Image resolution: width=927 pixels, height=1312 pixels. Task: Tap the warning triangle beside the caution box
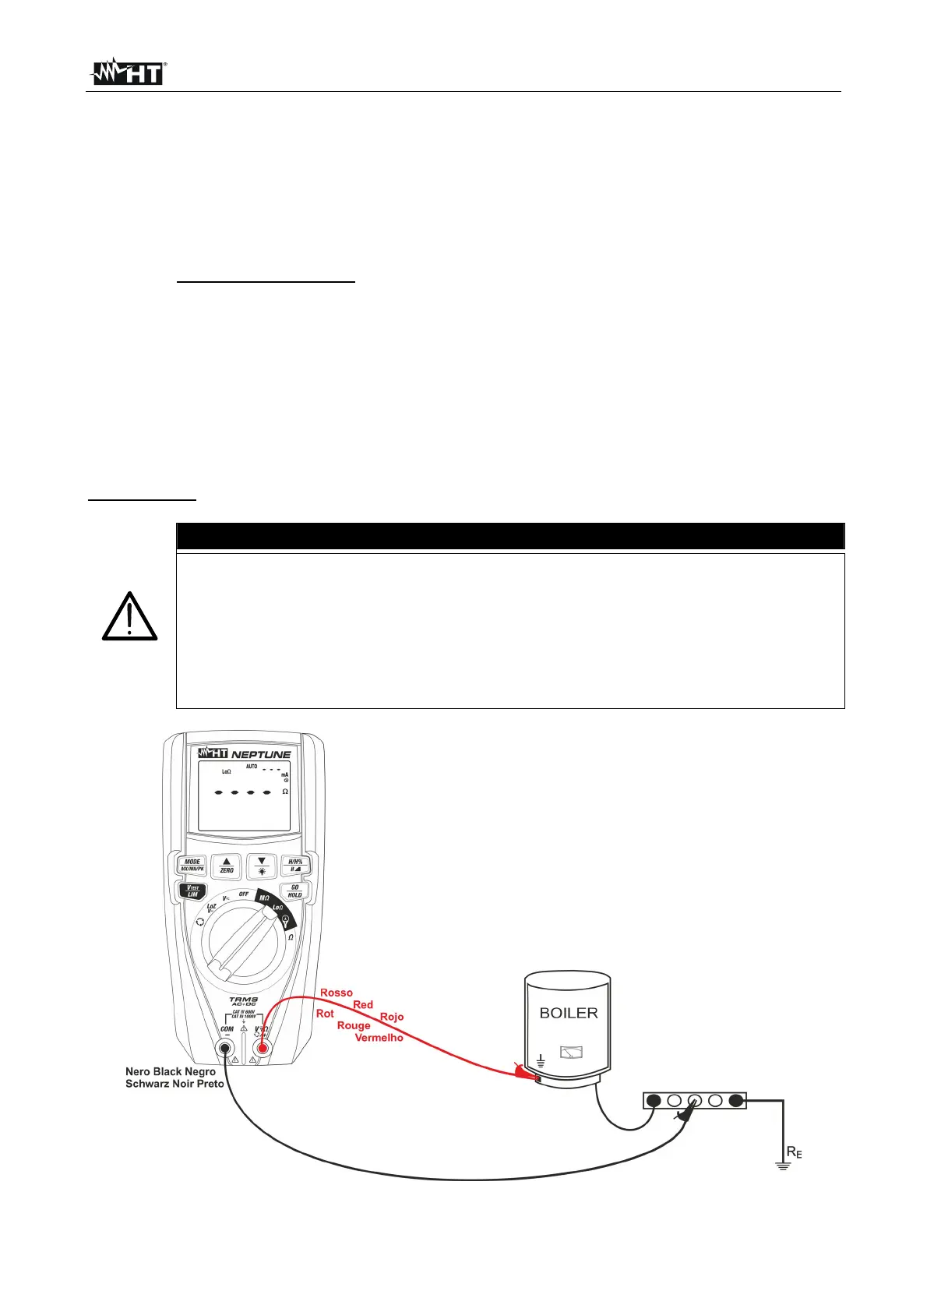point(130,617)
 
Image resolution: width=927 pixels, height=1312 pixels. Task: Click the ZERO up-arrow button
point(227,866)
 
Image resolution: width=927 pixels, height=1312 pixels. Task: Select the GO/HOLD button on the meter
point(294,891)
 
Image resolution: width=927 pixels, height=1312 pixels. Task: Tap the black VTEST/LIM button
point(192,891)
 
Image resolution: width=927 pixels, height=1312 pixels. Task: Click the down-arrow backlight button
point(262,866)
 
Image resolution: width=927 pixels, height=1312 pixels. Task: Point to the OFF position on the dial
point(244,894)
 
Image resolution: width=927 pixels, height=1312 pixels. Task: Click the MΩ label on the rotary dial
point(264,898)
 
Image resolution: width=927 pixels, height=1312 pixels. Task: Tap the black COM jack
point(226,1049)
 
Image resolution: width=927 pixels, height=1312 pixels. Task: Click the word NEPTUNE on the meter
point(261,754)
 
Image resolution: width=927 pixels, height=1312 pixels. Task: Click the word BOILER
point(569,1013)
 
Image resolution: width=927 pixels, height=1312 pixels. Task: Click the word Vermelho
point(379,1038)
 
